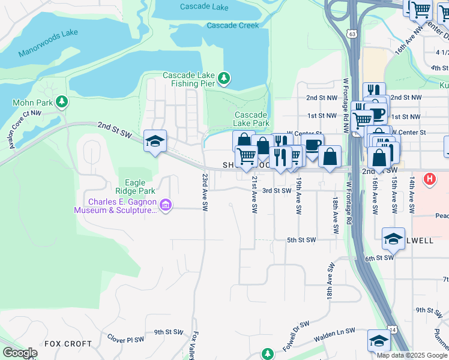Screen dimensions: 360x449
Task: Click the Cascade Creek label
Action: [233, 25]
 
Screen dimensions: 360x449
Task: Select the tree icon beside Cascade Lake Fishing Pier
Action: [224, 77]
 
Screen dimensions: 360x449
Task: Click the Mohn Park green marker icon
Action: [61, 102]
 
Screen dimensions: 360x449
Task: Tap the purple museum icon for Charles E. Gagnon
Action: [166, 206]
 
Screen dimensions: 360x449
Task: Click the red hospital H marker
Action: [430, 178]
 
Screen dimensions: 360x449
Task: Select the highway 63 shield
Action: [351, 34]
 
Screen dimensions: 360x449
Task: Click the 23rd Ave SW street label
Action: [205, 193]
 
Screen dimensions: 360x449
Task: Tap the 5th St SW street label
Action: [301, 240]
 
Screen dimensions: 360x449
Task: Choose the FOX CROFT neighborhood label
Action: [68, 344]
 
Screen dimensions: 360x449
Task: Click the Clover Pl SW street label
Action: [125, 339]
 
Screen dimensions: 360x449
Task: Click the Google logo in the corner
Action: [20, 353]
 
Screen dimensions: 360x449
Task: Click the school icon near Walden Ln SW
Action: [378, 340]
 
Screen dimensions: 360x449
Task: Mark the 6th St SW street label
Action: [378, 257]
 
